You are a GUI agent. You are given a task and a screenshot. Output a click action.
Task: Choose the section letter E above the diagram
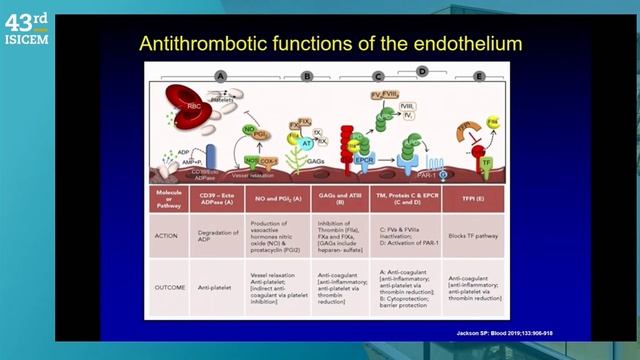click(x=480, y=75)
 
